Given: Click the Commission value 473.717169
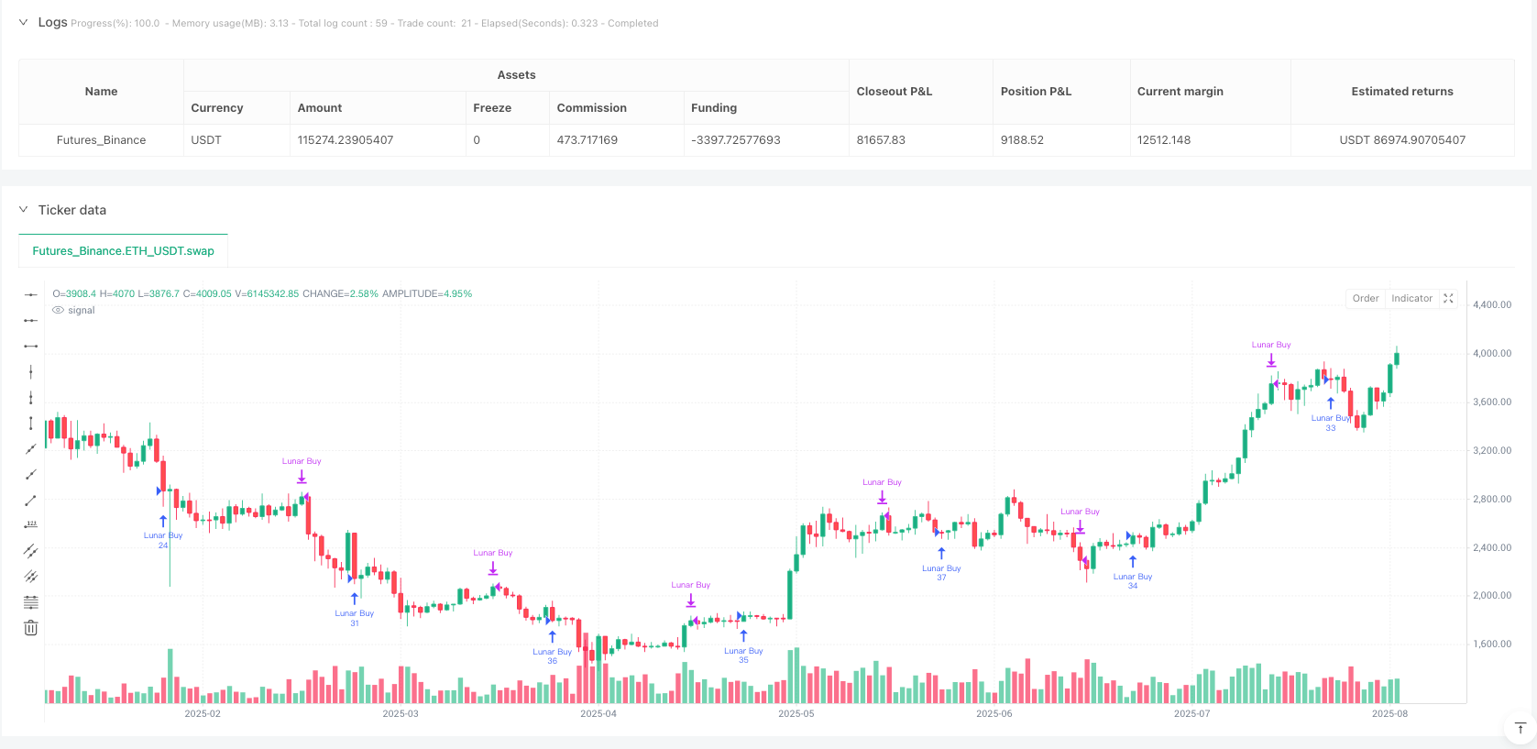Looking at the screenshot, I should pos(587,140).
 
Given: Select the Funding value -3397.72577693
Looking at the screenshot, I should pos(735,140).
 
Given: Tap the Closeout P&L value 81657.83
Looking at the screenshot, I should pos(881,140).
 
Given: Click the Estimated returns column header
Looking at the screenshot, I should pos(1401,92).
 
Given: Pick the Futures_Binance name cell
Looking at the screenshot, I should pos(101,140).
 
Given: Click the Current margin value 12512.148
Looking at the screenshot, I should pos(1164,140).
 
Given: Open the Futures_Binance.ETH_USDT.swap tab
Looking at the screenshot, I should pos(123,251).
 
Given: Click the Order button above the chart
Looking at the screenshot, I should pos(1365,299).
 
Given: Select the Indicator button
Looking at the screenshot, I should pos(1411,299).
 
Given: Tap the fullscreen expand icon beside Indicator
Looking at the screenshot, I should pos(1448,299).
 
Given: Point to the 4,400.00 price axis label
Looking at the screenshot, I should pos(1492,305).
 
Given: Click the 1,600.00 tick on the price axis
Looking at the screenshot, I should pos(1492,644).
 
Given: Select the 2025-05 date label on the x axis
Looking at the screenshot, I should pos(796,714).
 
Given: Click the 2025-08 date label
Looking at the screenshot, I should pos(1389,714).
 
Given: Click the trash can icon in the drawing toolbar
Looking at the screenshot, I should pos(31,628).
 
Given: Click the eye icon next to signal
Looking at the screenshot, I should pos(59,311).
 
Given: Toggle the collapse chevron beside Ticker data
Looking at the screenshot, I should pos(24,210).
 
